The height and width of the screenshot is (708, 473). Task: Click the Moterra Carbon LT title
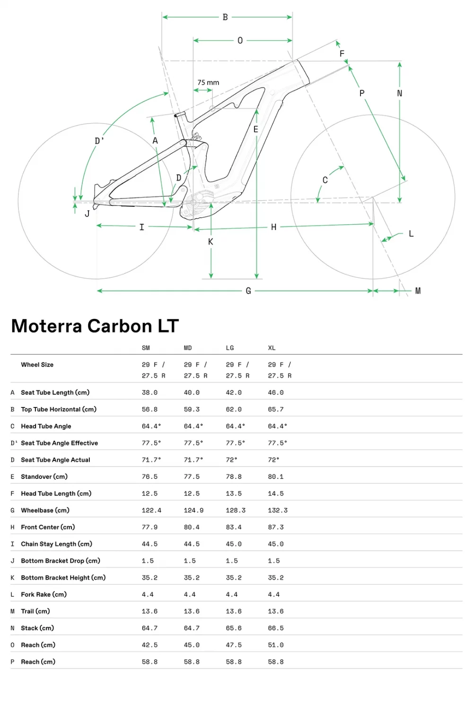pyautogui.click(x=95, y=326)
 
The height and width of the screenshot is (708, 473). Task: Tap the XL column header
pyautogui.click(x=272, y=348)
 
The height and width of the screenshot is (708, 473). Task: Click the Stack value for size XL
pyautogui.click(x=276, y=628)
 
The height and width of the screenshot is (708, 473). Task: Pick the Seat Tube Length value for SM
pyautogui.click(x=149, y=392)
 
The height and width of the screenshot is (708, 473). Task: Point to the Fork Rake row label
pyautogui.click(x=44, y=594)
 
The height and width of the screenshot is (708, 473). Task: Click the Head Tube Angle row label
pyautogui.click(x=46, y=426)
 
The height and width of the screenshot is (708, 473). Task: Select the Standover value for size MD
pyautogui.click(x=192, y=477)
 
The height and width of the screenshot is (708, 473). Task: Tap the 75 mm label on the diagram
pyautogui.click(x=208, y=82)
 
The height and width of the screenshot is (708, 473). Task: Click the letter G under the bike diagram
pyautogui.click(x=248, y=291)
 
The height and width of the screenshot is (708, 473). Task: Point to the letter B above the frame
pyautogui.click(x=225, y=18)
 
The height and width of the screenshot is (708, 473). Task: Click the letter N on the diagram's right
pyautogui.click(x=400, y=94)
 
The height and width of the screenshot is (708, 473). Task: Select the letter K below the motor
pyautogui.click(x=210, y=242)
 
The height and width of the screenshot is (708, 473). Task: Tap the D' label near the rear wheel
pyautogui.click(x=99, y=141)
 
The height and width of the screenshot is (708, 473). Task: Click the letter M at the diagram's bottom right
pyautogui.click(x=418, y=291)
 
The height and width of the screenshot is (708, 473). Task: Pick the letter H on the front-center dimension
pyautogui.click(x=273, y=227)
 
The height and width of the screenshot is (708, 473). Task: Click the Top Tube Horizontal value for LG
pyautogui.click(x=234, y=409)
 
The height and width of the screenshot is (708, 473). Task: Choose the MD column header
pyautogui.click(x=188, y=348)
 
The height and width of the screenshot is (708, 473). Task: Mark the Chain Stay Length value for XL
pyautogui.click(x=276, y=544)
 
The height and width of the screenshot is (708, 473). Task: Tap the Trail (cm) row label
pyautogui.click(x=35, y=611)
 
